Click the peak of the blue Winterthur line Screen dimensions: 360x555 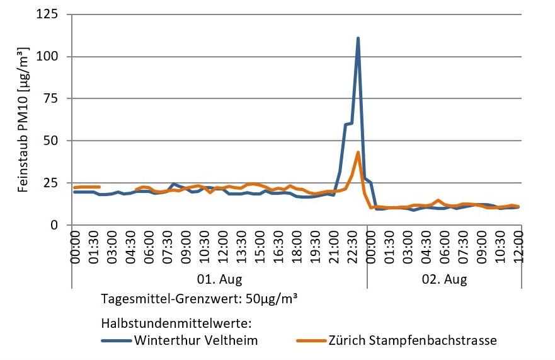[x=358, y=38]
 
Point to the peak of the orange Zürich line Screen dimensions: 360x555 [x=358, y=152]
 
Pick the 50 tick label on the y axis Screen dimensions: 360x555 [x=59, y=141]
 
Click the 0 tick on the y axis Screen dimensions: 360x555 [x=62, y=225]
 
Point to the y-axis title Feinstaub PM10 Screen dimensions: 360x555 [x=24, y=120]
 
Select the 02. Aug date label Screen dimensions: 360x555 [x=444, y=279]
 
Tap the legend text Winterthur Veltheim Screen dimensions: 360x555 [x=195, y=340]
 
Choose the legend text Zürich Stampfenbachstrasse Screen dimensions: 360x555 [x=413, y=340]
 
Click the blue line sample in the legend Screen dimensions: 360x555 [x=116, y=341]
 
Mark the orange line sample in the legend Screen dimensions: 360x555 [x=311, y=341]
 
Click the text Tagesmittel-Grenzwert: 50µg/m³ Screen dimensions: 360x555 [x=199, y=298]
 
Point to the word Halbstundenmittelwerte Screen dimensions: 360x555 [x=176, y=323]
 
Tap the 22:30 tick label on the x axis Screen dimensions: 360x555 [x=353, y=249]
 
